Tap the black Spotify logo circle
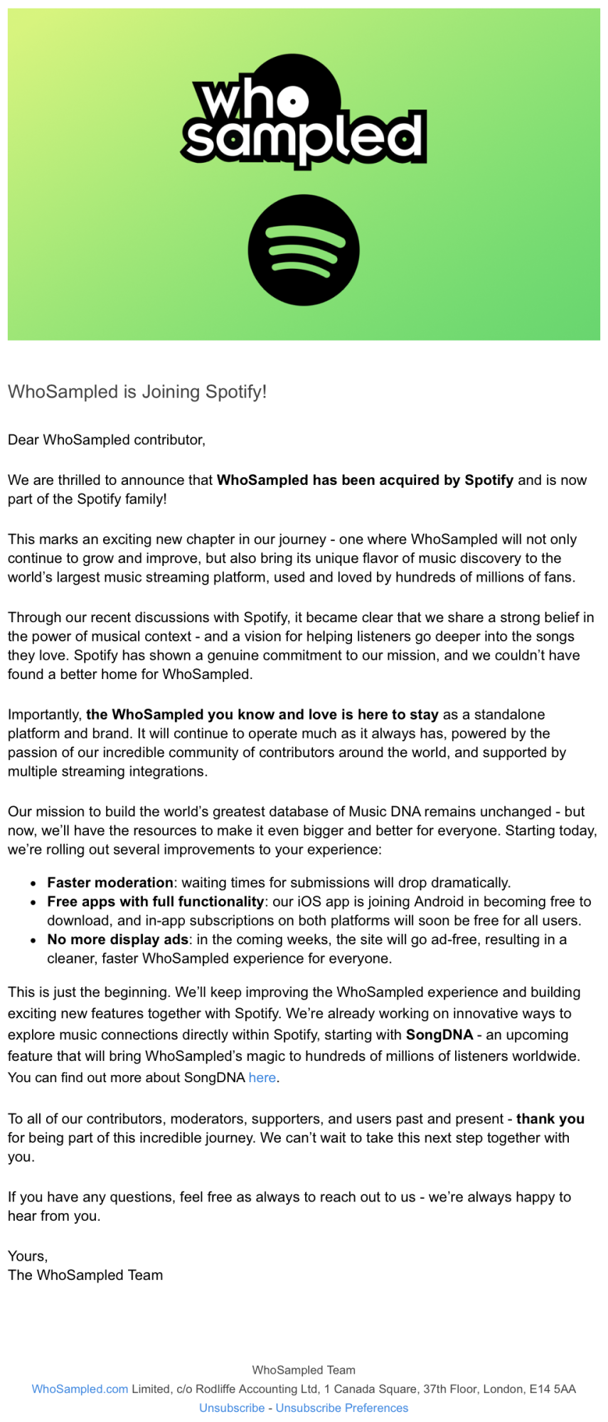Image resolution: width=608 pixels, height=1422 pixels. [304, 250]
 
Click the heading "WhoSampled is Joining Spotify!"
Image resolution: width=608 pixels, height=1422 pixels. [137, 392]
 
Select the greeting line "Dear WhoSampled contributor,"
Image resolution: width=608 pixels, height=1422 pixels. [107, 440]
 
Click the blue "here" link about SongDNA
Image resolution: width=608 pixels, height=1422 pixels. [262, 1078]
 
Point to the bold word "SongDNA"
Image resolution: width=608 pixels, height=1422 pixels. [439, 1035]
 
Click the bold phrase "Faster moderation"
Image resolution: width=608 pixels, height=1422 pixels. [110, 883]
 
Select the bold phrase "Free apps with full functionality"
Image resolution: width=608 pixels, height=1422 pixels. [156, 902]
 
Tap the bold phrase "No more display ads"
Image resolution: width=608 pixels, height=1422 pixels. [117, 940]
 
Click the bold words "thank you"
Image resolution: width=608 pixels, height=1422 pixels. [550, 1119]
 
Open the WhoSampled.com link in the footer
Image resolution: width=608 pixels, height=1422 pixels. [80, 1389]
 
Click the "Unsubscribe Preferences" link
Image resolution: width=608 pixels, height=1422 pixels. [342, 1408]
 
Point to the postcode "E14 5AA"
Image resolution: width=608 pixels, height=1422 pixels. [554, 1389]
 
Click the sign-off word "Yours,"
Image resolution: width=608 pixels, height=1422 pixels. [28, 1256]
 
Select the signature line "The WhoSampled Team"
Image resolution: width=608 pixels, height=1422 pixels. [85, 1276]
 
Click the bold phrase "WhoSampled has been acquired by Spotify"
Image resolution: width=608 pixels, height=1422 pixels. [365, 480]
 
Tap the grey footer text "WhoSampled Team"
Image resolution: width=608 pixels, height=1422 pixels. [304, 1370]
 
